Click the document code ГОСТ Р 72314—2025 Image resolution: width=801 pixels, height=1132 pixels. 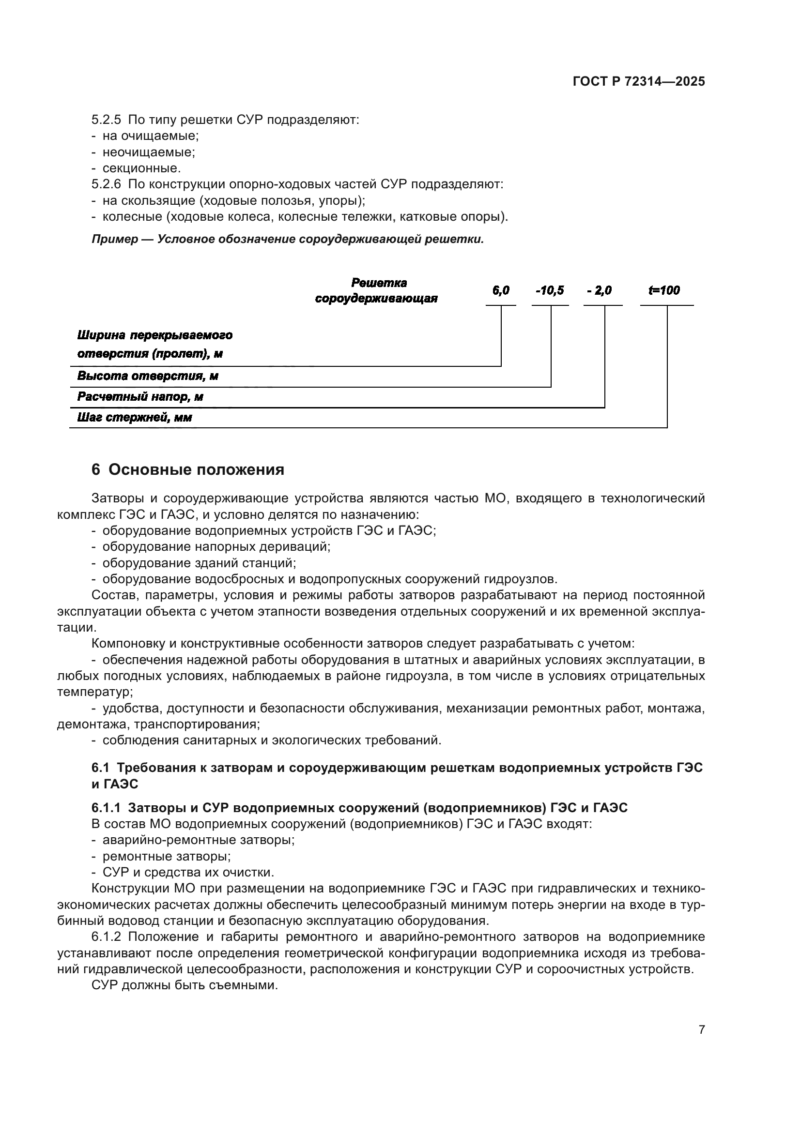[x=639, y=82]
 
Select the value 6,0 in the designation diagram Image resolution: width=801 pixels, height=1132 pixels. [x=501, y=291]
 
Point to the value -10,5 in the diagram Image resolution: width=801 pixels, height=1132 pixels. [x=550, y=291]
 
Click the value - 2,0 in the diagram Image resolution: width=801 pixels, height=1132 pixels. [x=599, y=291]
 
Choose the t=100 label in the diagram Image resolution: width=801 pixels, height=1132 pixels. [x=664, y=291]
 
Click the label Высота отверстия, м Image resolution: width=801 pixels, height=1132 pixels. [x=148, y=376]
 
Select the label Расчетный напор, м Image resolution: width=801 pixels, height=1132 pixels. [x=140, y=397]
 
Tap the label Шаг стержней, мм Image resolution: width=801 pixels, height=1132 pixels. [x=134, y=418]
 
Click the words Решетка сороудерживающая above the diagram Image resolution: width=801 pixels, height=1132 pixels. [x=377, y=291]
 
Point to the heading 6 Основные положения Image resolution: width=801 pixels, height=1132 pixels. [x=188, y=470]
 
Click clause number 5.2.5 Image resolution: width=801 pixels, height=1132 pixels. [x=106, y=120]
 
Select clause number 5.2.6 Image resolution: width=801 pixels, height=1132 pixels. [x=106, y=184]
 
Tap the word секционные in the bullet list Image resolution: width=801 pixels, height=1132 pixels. [x=142, y=168]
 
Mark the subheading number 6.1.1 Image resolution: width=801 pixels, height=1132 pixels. [x=106, y=808]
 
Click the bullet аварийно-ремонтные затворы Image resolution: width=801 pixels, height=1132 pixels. [x=198, y=840]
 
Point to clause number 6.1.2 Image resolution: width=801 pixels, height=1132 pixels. [x=106, y=937]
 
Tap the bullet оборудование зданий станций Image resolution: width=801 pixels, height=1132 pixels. [x=199, y=562]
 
